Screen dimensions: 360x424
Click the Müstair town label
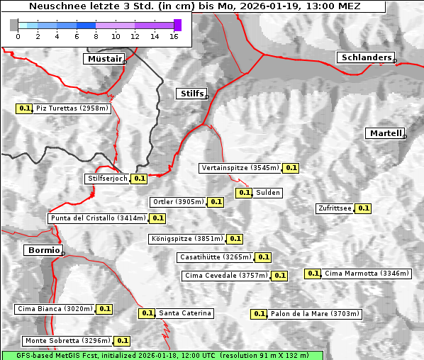click(104, 59)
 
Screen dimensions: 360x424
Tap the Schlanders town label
click(365, 57)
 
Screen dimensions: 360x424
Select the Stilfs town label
click(191, 94)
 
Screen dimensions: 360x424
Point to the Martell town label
click(385, 133)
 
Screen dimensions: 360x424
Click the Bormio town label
click(43, 250)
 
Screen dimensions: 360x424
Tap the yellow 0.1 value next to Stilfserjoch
click(140, 179)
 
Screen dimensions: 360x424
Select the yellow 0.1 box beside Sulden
click(245, 193)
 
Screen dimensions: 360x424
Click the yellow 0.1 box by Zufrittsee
click(363, 208)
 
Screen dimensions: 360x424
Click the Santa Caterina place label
click(184, 313)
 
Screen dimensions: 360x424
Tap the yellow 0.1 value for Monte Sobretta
click(123, 341)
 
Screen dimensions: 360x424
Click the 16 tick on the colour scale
click(174, 37)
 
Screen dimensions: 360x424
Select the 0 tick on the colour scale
click(17, 37)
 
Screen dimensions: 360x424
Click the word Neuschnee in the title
click(54, 6)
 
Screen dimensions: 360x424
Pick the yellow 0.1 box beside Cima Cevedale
click(279, 276)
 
